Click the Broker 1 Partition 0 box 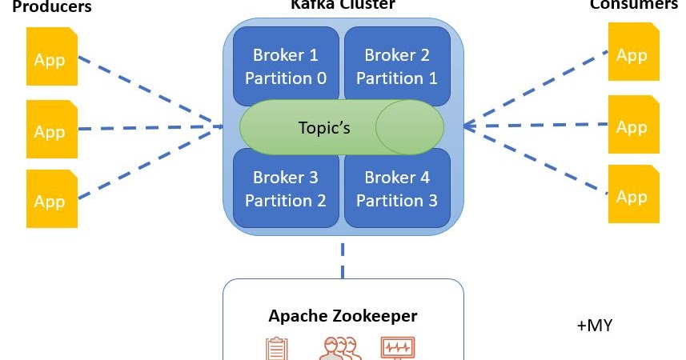coord(286,66)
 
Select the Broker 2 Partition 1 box coord(397,66)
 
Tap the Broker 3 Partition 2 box coord(286,189)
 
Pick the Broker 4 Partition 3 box coord(397,189)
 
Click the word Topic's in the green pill coord(324,128)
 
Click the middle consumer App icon coord(633,125)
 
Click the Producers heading coord(53,7)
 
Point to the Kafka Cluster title coord(343,5)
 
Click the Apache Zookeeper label coord(343,315)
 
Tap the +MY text coord(595,326)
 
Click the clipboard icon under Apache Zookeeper coord(276,349)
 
